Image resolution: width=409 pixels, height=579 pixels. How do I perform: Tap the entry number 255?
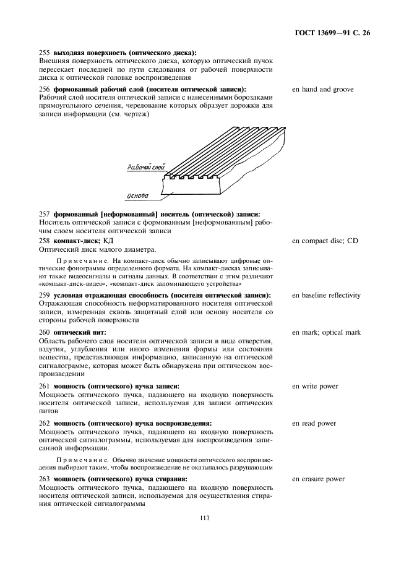(44, 53)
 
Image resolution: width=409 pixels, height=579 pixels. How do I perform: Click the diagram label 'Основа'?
(137, 196)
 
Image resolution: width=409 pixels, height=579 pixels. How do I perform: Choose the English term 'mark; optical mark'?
(326, 333)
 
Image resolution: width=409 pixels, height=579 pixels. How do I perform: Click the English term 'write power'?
(316, 387)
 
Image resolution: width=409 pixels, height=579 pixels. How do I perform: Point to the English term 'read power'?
(314, 424)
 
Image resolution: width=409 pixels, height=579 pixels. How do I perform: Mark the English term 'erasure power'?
(319, 479)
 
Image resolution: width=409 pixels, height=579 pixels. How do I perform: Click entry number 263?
(44, 479)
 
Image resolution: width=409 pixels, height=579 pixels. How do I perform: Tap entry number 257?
(44, 213)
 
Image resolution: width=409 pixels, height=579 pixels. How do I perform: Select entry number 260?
(44, 333)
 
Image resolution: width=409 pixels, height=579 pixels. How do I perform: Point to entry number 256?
(44, 90)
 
